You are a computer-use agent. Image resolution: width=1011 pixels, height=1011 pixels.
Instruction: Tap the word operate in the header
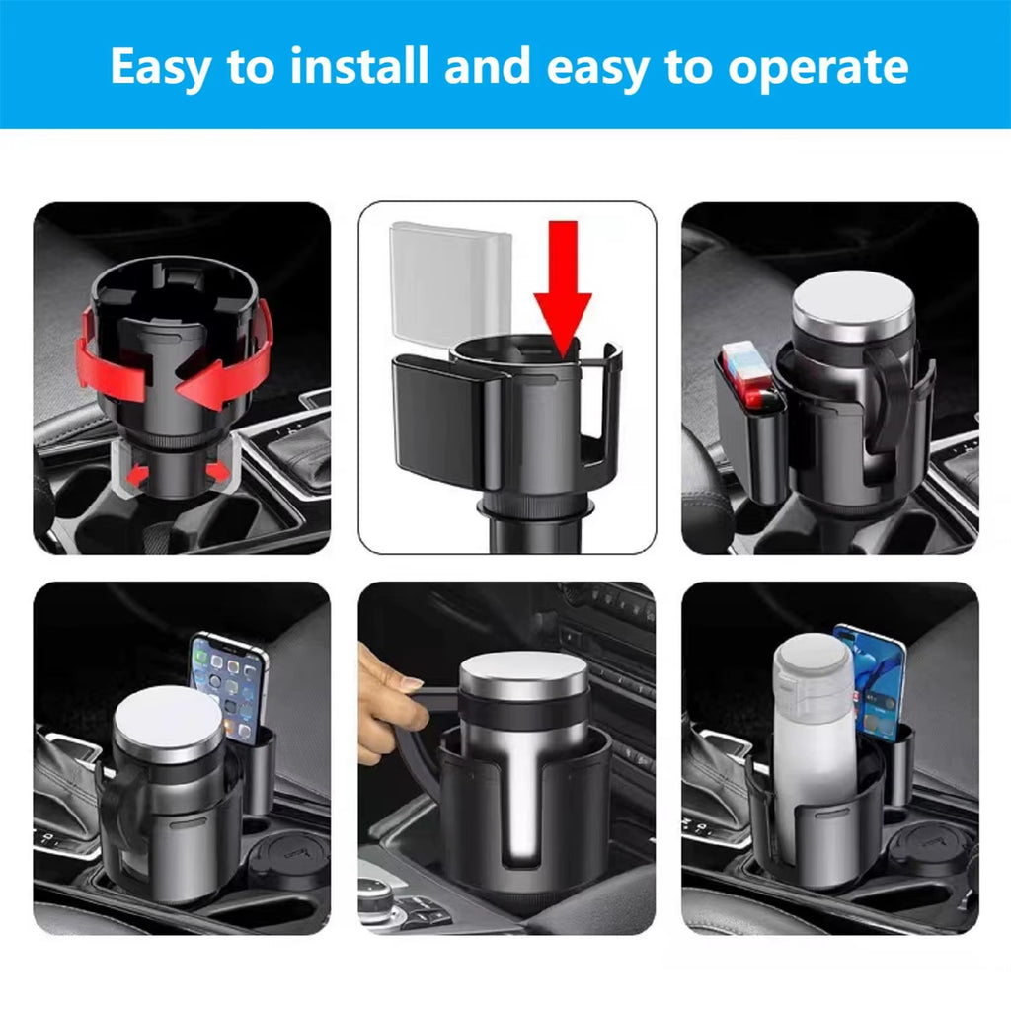[817, 67]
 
